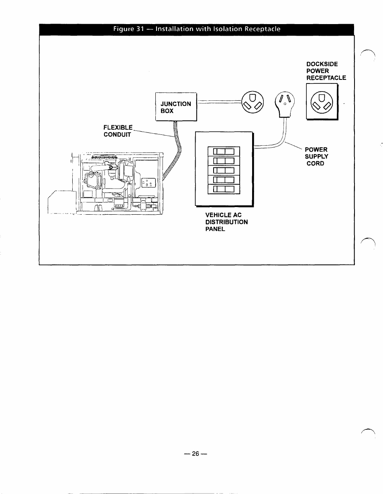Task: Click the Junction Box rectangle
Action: click(176, 107)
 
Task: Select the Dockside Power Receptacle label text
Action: click(326, 71)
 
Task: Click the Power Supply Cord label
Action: click(316, 157)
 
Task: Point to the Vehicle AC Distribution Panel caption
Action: click(226, 222)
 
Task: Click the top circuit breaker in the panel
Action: click(224, 152)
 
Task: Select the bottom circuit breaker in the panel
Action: click(224, 189)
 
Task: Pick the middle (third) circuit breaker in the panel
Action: click(224, 171)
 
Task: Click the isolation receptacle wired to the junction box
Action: click(253, 103)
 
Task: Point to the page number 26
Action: click(196, 454)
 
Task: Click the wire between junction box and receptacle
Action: click(219, 102)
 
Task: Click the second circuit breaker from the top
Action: click(224, 161)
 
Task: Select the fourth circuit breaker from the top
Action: click(224, 180)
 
